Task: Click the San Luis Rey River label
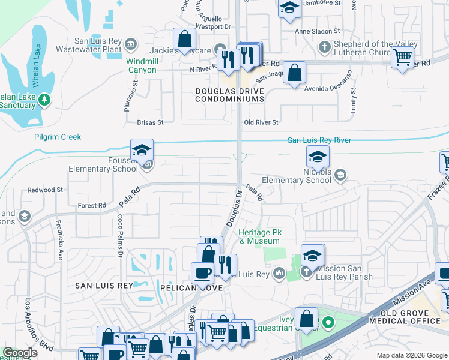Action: [319, 140]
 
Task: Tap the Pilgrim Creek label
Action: [58, 137]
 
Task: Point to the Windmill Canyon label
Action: [142, 65]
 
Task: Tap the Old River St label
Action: [261, 122]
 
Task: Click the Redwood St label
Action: [46, 190]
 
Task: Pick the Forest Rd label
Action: [92, 206]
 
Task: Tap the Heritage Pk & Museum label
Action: [260, 236]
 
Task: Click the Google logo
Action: [20, 353]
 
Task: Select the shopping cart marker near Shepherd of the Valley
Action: [402, 58]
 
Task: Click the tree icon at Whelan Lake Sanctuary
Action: [44, 98]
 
